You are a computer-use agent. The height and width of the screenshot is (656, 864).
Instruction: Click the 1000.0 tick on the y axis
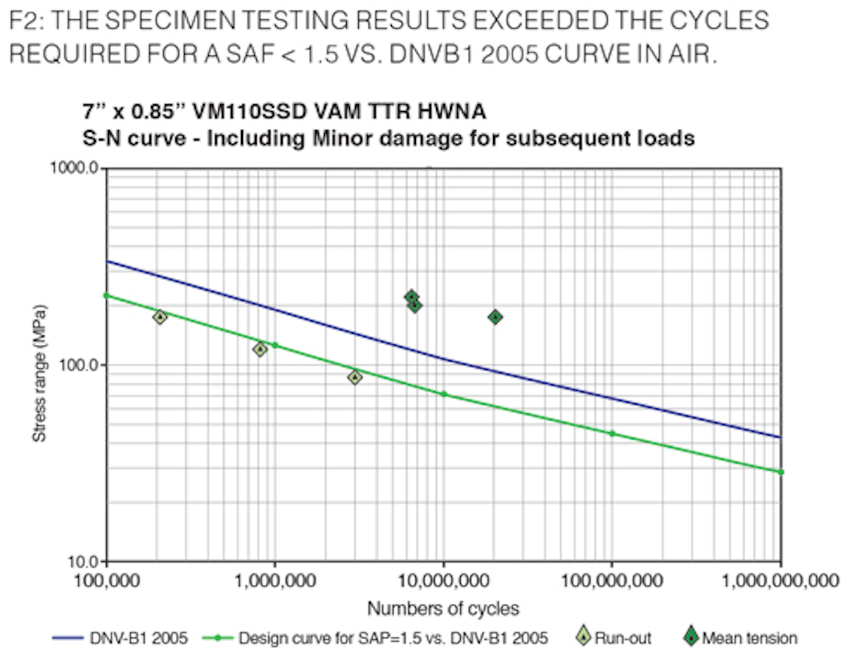(x=74, y=168)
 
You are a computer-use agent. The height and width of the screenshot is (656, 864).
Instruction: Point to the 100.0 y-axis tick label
(x=79, y=365)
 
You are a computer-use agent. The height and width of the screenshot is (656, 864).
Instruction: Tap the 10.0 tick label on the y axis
(x=83, y=562)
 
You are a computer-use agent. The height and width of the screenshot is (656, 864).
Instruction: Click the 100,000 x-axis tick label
(x=107, y=580)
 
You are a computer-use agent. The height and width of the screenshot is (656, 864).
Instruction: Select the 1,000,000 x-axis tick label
(x=275, y=580)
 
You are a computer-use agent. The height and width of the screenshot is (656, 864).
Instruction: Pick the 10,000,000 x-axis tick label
(x=443, y=580)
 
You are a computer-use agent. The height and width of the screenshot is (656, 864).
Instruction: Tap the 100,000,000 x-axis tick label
(x=611, y=580)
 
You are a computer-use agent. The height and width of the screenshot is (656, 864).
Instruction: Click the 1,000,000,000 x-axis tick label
(x=779, y=580)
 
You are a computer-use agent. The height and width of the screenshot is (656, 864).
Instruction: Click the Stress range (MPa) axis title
(x=39, y=374)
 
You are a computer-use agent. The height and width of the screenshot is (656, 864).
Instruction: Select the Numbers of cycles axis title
(x=443, y=609)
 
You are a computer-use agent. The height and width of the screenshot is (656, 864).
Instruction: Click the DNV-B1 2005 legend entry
(x=138, y=638)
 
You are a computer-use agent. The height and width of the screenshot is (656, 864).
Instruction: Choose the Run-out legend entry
(x=622, y=638)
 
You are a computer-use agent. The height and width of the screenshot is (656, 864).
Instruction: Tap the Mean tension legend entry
(x=749, y=638)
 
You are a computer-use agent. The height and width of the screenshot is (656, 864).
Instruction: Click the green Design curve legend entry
(x=392, y=638)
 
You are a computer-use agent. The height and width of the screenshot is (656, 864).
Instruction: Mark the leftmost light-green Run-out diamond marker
(x=160, y=317)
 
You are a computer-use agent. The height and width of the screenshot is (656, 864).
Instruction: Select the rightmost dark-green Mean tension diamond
(x=495, y=317)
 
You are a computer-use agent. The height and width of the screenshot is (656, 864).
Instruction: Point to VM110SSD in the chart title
(x=250, y=112)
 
